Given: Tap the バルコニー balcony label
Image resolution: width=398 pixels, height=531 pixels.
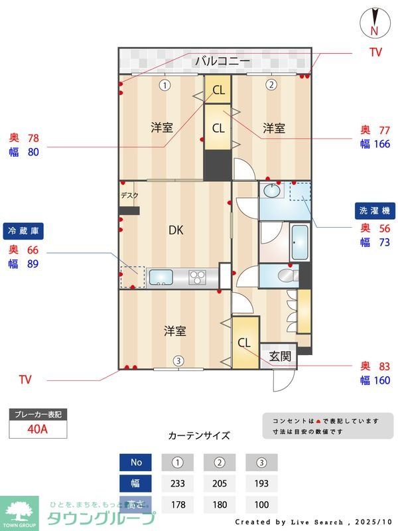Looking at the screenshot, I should click(x=222, y=62).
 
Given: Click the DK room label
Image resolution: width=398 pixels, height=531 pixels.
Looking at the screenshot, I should click(x=175, y=230).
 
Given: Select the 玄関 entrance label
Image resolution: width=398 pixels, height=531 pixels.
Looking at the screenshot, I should click(x=280, y=356).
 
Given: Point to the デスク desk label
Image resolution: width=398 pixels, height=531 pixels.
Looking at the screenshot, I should click(x=129, y=196).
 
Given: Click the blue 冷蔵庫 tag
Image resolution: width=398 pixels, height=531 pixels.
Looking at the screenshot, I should click(x=23, y=232).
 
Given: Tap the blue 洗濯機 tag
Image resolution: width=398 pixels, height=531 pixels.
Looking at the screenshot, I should click(x=375, y=210).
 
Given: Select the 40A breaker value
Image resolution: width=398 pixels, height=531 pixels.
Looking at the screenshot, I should click(x=38, y=429).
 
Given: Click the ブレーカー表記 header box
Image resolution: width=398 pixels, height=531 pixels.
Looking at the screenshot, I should click(x=38, y=415).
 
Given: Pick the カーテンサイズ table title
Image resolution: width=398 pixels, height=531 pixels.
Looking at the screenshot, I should click(x=199, y=436).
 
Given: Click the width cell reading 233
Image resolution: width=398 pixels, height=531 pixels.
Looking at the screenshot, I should click(x=177, y=483).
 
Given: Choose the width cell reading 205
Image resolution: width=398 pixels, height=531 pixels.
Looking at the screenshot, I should click(x=220, y=483).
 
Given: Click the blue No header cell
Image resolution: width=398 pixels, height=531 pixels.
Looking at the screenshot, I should click(x=136, y=461).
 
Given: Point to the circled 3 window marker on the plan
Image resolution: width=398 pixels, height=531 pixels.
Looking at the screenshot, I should click(x=178, y=361).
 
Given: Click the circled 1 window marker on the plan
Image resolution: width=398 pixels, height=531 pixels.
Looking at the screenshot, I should click(x=165, y=84).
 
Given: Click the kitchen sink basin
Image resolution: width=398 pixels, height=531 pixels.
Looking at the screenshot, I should click(x=159, y=277).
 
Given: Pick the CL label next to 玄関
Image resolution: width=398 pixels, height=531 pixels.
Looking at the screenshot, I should click(x=244, y=343).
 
